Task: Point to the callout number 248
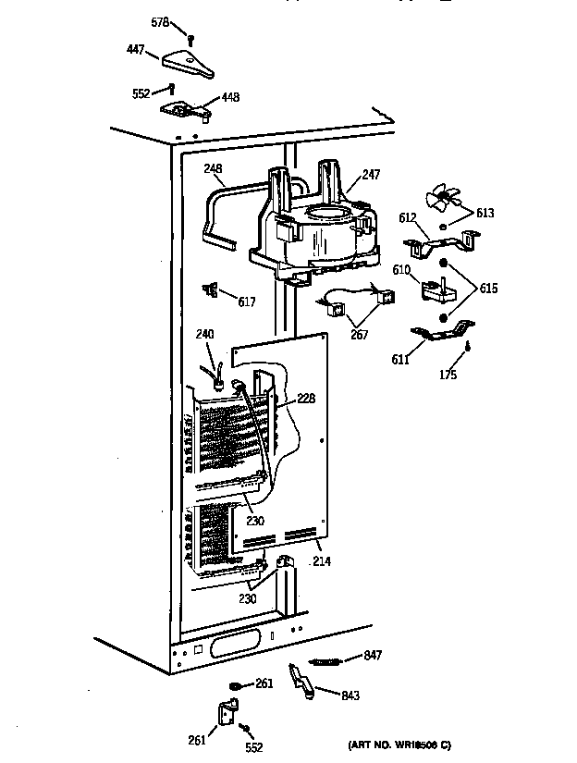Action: (x=214, y=168)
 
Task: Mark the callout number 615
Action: (x=488, y=289)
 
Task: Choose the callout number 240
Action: (x=204, y=335)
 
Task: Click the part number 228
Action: (x=306, y=399)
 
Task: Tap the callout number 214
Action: (x=322, y=560)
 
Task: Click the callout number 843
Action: (x=350, y=695)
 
